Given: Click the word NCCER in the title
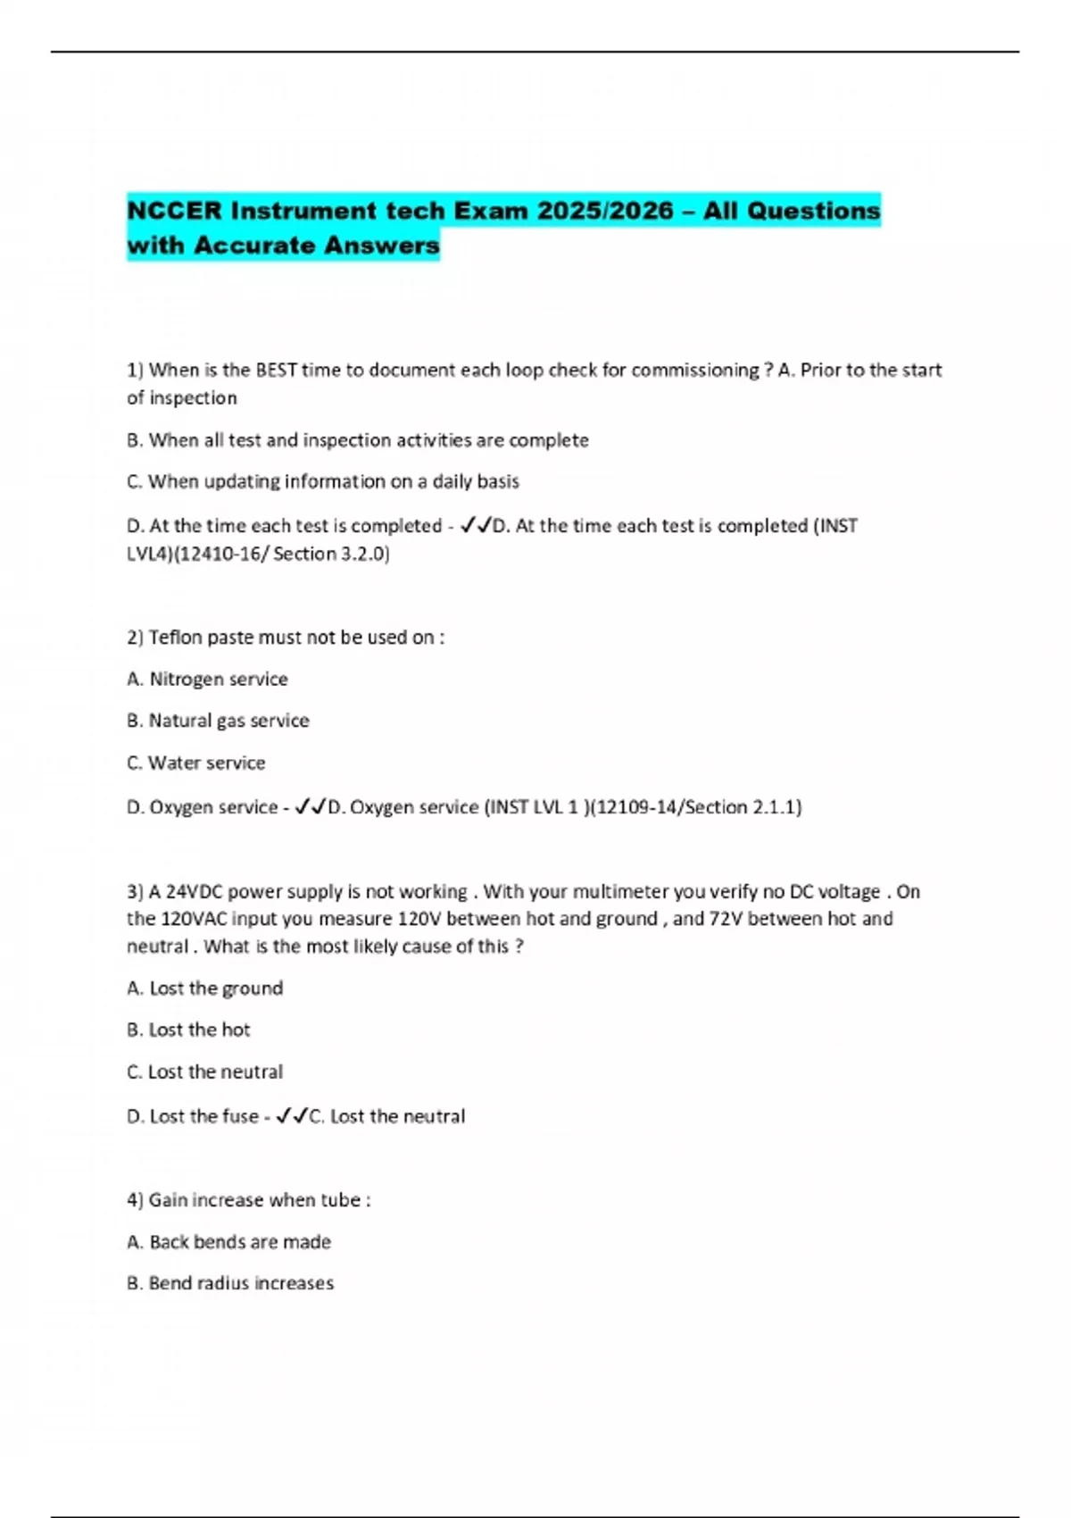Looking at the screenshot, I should coord(175,212).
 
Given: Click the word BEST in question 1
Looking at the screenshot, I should coord(276,371).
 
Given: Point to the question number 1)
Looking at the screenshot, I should coord(136,371).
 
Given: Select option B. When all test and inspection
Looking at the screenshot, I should coord(357,440).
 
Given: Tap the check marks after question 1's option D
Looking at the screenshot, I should coord(476,527).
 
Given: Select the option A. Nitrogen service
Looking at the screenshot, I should coord(207,680).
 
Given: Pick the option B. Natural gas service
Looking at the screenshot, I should coord(218,721).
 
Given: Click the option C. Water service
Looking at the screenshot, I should coord(195,763).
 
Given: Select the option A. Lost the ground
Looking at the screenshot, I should coord(204,988).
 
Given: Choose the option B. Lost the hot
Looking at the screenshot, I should coord(188,1030).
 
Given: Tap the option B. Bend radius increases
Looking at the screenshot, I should coord(230,1284).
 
